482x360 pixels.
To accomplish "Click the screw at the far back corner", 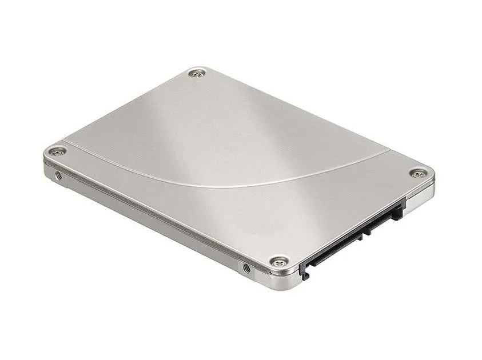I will [x=198, y=73].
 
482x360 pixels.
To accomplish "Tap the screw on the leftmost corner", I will [x=56, y=151].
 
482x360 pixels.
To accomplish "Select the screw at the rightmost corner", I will [x=419, y=173].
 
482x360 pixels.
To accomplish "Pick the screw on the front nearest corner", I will [x=278, y=262].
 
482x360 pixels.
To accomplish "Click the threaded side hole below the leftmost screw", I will [x=58, y=175].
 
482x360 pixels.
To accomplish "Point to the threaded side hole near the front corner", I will [x=246, y=267].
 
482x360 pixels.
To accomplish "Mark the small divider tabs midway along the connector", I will [x=366, y=226].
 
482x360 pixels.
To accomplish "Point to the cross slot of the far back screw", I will [x=198, y=73].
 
